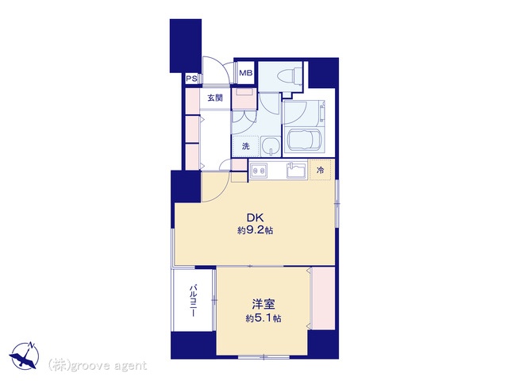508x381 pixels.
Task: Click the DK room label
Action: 256,217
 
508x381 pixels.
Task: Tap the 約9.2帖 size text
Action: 255,231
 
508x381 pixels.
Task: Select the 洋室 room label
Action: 264,305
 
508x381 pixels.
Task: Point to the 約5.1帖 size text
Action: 264,318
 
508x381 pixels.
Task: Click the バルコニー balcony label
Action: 194,300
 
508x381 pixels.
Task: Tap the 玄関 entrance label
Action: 215,98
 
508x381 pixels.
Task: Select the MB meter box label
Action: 245,73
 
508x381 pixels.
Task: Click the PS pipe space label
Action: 191,79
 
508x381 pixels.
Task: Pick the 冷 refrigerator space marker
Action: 320,170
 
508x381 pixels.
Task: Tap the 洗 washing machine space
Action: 245,146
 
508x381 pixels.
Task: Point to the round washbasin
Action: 271,146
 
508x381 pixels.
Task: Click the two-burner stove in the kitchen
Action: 259,169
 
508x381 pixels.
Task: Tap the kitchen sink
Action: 296,170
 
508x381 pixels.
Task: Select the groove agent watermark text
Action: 98,366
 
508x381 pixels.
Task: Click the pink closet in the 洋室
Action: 323,298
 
